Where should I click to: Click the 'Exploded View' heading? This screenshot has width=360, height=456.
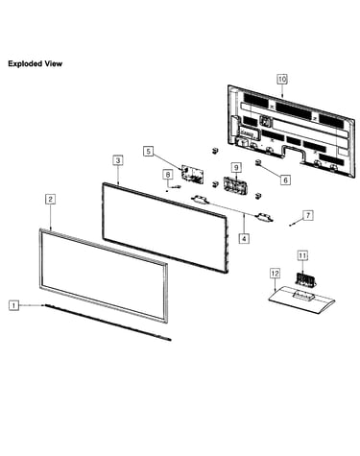tap(36, 63)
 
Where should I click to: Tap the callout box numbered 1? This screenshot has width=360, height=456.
tap(13, 305)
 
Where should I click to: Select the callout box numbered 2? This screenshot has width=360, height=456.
tap(50, 199)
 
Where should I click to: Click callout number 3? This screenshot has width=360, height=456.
tap(118, 160)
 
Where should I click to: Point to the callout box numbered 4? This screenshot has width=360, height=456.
tap(244, 238)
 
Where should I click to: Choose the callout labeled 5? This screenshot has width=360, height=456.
tap(148, 151)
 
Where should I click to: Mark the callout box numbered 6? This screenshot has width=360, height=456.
tap(286, 180)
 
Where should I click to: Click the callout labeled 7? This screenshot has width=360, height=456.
tap(308, 215)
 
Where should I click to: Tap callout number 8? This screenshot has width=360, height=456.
tap(168, 175)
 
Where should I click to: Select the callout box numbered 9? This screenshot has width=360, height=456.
tap(236, 167)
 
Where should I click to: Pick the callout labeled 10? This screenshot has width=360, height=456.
tap(282, 79)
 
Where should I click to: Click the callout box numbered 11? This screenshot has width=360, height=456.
tap(302, 255)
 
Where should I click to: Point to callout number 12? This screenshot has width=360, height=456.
tap(275, 274)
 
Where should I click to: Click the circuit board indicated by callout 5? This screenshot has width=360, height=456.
tap(192, 175)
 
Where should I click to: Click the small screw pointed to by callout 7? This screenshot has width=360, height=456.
tap(290, 226)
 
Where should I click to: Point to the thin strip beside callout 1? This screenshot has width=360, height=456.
tap(108, 323)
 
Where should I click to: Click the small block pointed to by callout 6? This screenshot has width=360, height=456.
tap(258, 162)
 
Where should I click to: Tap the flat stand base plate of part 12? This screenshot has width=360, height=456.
tap(301, 300)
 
